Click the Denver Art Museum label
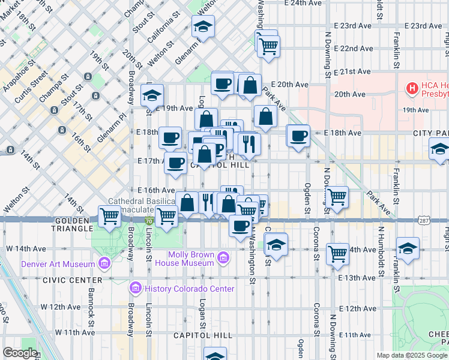pos(58,264)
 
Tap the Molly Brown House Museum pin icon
pos(223,259)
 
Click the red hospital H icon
pos(412,89)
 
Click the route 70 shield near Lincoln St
pos(148,221)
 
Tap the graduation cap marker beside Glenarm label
pos(203,26)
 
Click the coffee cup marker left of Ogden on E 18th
pos(298,136)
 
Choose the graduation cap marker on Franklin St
pos(408,248)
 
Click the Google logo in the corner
pos(20,353)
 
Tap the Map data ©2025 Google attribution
pos(411,355)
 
